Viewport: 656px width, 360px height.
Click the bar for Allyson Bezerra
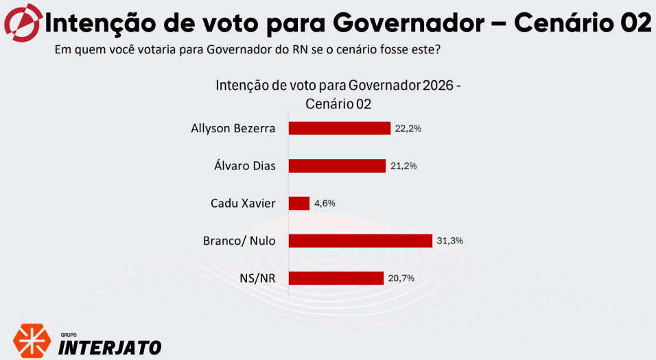[340, 128]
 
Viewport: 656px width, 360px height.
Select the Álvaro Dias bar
[338, 166]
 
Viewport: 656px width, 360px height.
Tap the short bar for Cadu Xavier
[299, 203]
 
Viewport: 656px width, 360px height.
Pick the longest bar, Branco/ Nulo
[361, 240]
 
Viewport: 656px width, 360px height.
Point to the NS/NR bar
[336, 278]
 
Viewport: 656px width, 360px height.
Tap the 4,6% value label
[325, 203]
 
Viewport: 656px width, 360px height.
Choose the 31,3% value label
[450, 240]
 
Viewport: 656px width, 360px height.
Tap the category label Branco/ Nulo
[239, 241]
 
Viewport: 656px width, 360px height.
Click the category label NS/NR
[257, 278]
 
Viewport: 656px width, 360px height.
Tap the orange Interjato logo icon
[31, 339]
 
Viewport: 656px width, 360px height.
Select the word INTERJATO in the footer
[110, 347]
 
